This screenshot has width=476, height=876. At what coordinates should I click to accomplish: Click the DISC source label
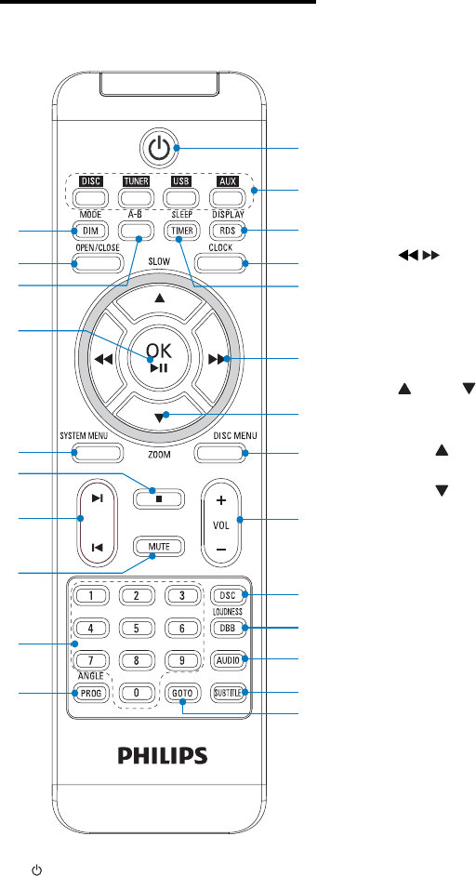[89, 181]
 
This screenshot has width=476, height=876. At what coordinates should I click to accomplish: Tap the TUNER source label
[135, 181]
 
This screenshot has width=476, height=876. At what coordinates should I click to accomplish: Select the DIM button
[89, 231]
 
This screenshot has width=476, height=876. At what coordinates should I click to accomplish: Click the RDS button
[227, 231]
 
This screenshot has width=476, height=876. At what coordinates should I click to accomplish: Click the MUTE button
[159, 547]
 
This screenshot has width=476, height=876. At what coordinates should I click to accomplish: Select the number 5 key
[135, 628]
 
